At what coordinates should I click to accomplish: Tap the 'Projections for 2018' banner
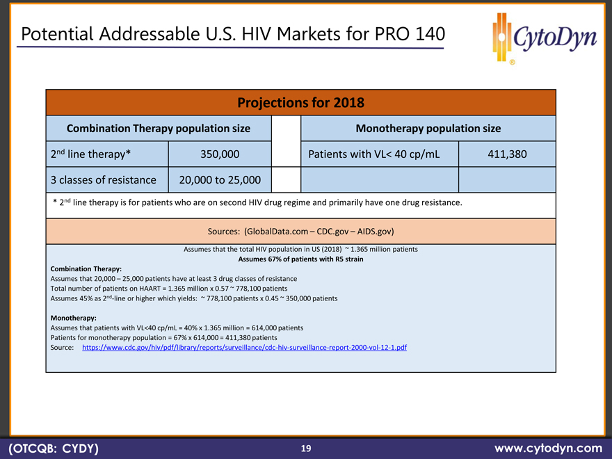tap(300, 103)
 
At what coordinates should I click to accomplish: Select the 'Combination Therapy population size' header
tap(158, 129)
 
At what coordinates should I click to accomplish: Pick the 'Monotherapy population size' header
tap(428, 129)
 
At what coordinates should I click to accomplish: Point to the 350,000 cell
tap(220, 154)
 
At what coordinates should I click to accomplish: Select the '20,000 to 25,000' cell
tap(220, 180)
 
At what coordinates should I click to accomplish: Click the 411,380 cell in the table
tap(507, 154)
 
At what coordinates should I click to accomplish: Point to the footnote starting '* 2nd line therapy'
tap(257, 203)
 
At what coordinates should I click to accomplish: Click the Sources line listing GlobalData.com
tap(300, 231)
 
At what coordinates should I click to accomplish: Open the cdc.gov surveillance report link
tap(244, 347)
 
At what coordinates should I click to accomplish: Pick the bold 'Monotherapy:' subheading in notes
tap(74, 318)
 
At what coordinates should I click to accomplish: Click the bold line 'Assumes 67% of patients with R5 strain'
tap(300, 259)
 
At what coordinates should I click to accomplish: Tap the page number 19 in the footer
tap(306, 449)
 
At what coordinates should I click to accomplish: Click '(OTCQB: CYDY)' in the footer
tap(53, 449)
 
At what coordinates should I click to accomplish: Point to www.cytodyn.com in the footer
tap(547, 449)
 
